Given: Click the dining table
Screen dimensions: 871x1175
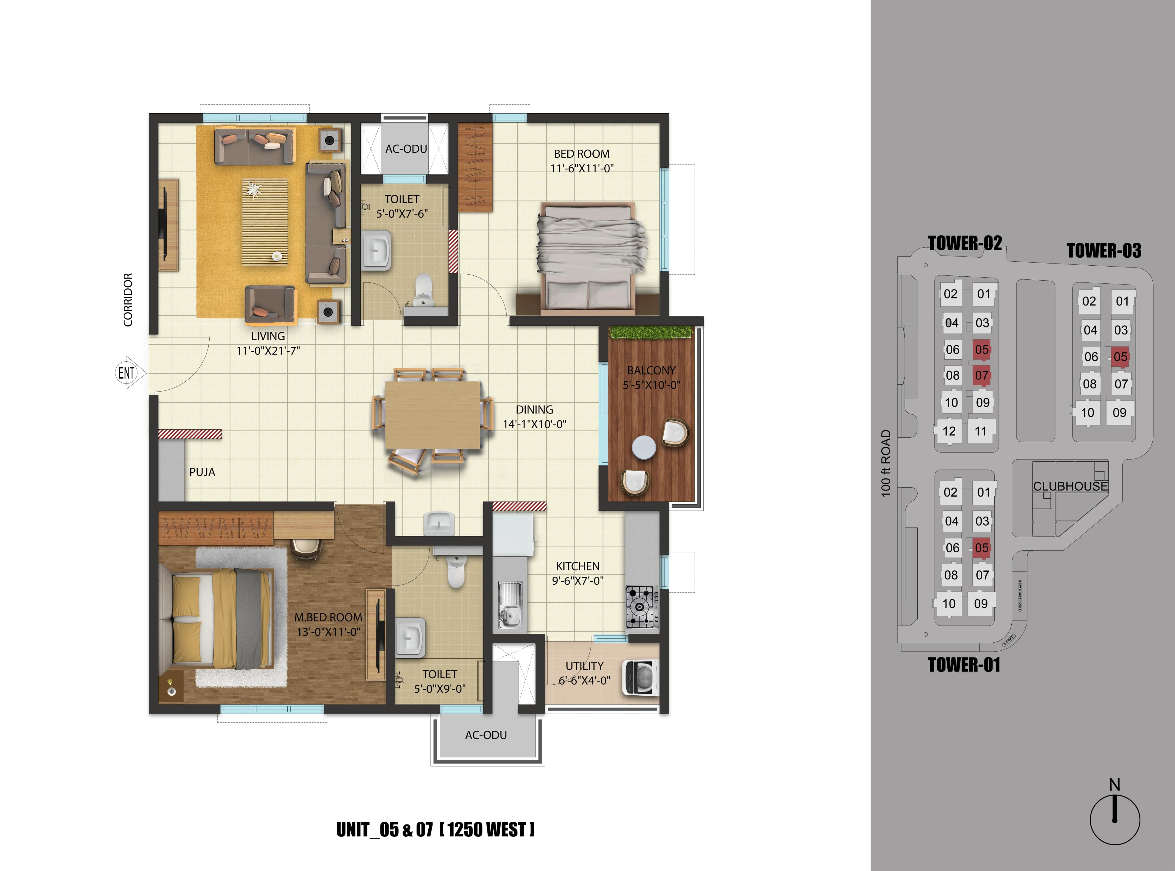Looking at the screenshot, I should pyautogui.click(x=432, y=414).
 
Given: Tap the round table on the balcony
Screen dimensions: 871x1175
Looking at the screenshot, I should pyautogui.click(x=643, y=447).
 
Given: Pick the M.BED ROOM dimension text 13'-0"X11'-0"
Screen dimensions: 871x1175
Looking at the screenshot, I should pyautogui.click(x=328, y=632).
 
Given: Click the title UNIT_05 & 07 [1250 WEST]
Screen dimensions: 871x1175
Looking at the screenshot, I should pyautogui.click(x=435, y=829).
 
